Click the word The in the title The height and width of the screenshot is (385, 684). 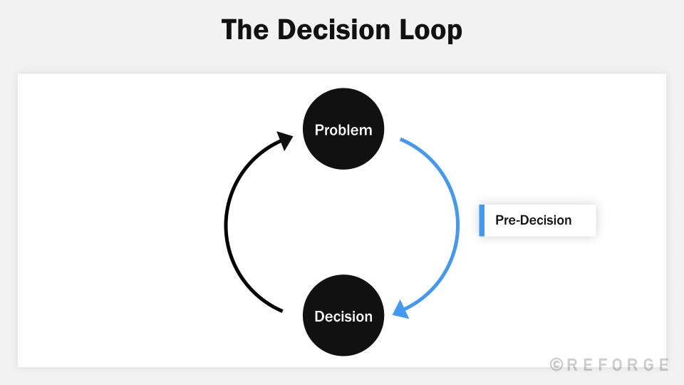coord(245,31)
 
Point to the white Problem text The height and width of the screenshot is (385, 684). coord(343,130)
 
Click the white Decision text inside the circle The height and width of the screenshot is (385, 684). coord(343,316)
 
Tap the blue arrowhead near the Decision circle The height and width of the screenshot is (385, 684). coord(400,311)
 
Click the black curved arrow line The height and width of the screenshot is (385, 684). coord(227,225)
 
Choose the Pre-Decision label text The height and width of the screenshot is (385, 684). coord(533,220)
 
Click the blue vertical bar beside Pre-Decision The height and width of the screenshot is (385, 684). coord(482,220)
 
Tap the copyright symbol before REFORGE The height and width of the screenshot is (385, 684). coord(556,364)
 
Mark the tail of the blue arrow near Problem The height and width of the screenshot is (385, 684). coord(402,140)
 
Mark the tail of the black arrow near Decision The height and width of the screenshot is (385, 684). coord(281,310)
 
